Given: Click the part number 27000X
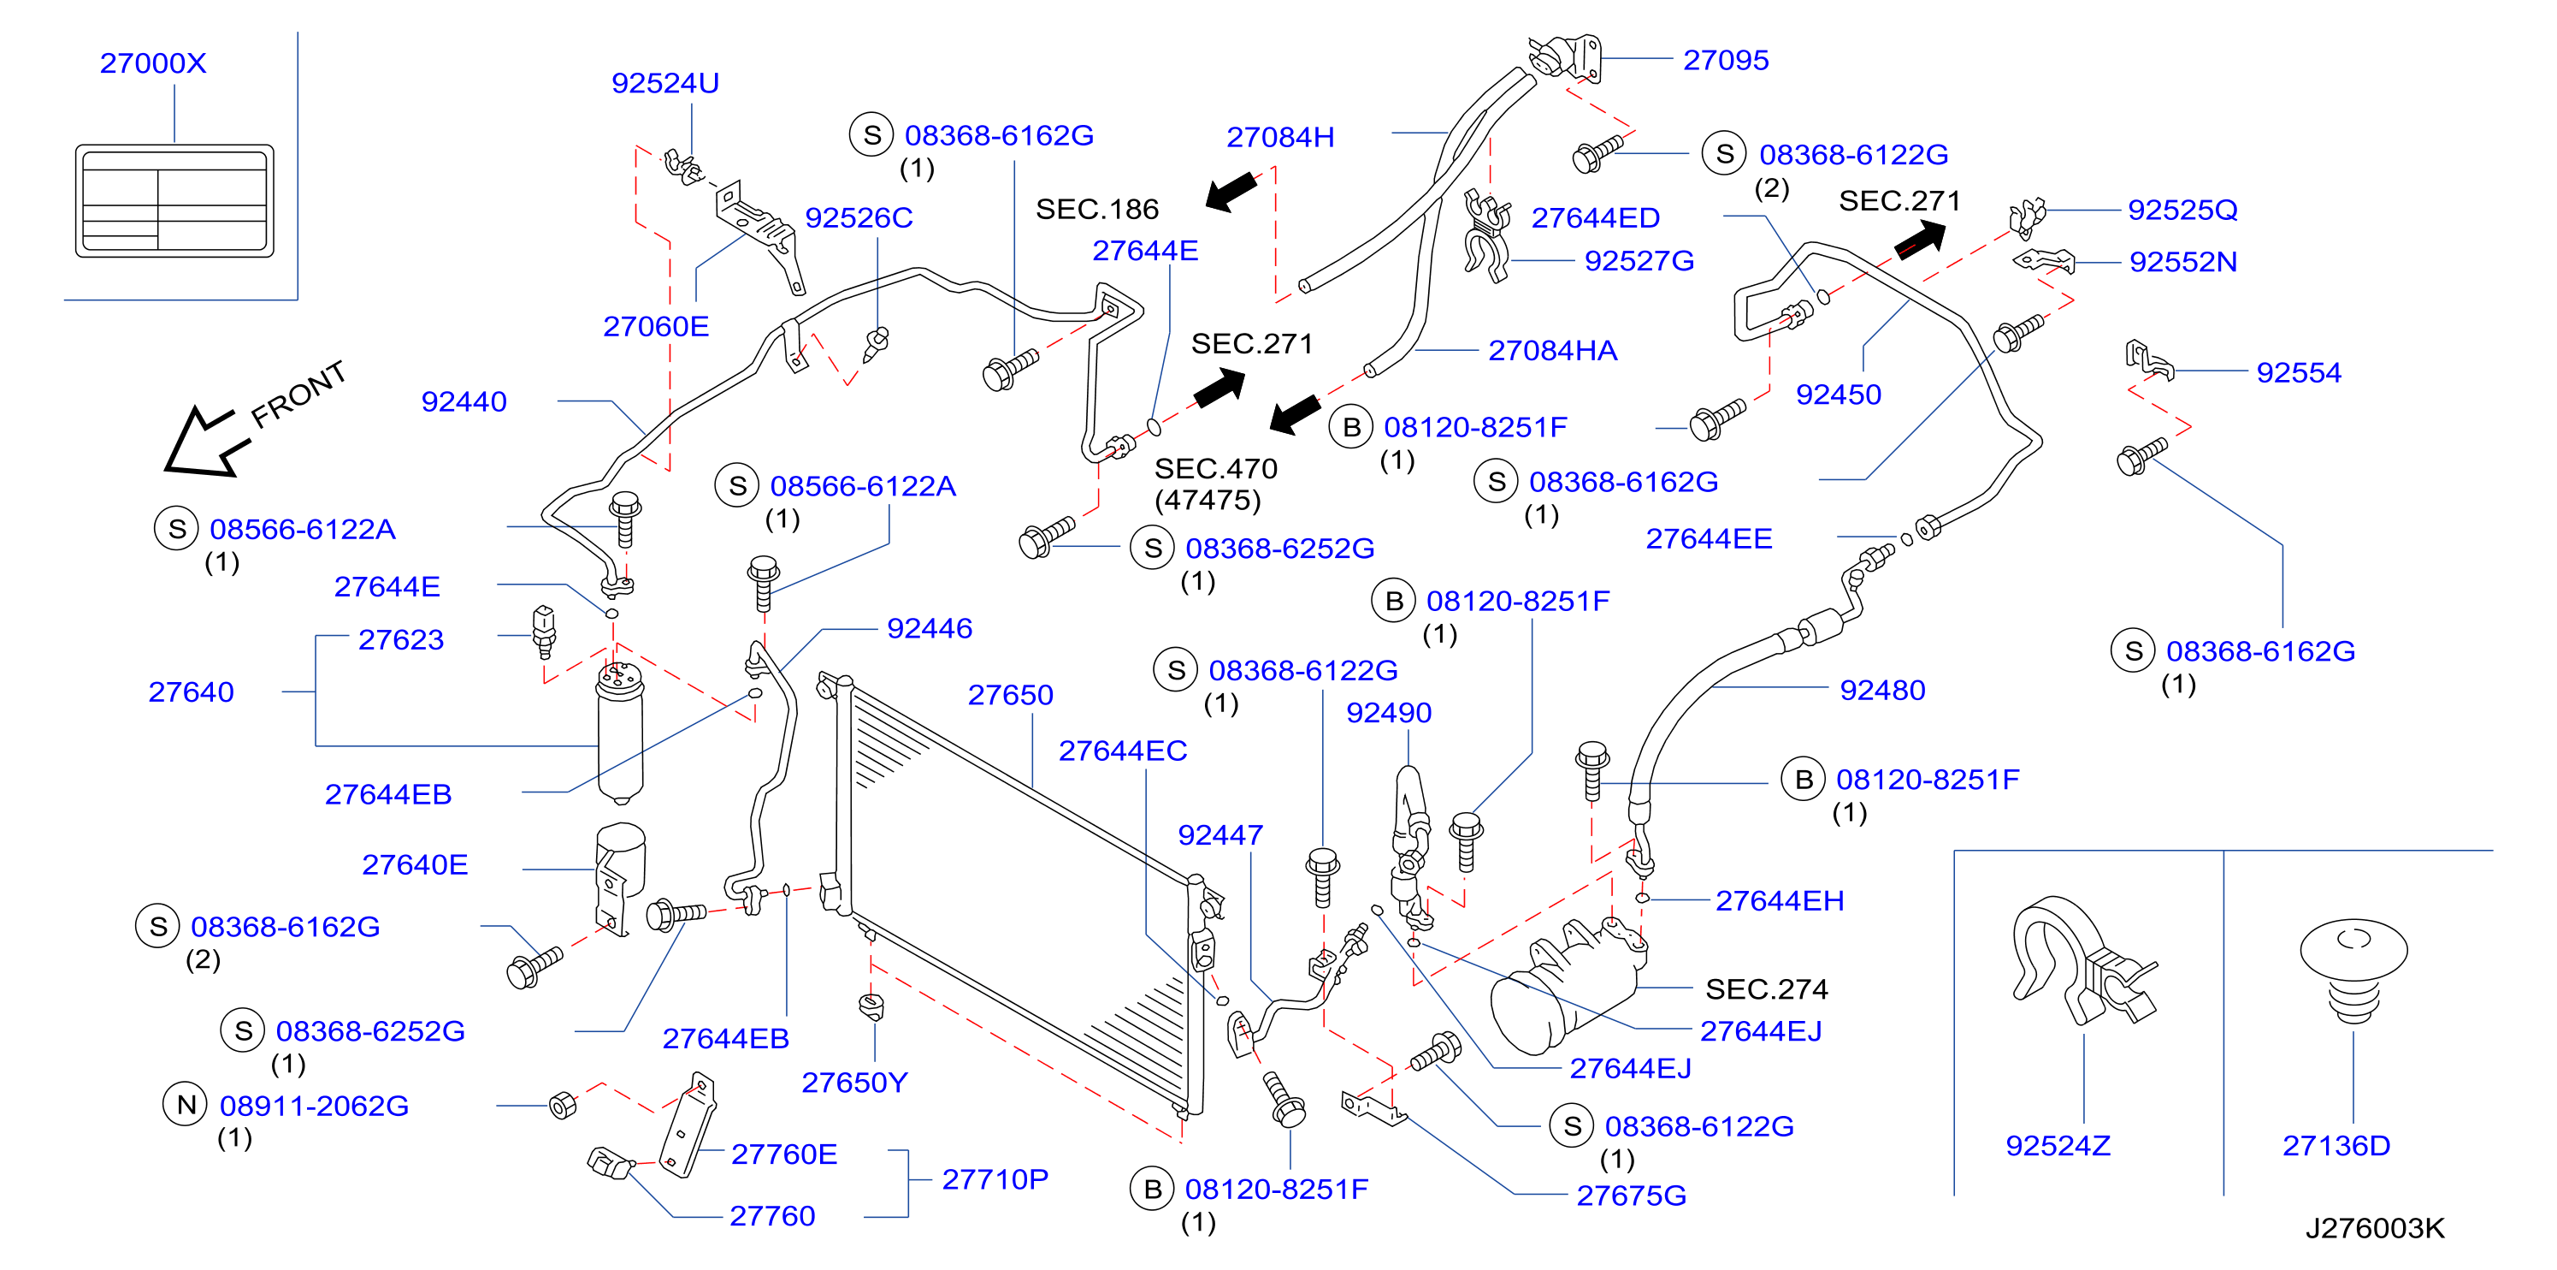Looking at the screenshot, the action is [x=153, y=62].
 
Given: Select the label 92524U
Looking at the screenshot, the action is [x=665, y=82].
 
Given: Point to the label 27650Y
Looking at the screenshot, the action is [x=853, y=1083].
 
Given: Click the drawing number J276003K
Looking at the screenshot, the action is [x=2374, y=1228].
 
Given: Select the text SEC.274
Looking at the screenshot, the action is [x=1766, y=989].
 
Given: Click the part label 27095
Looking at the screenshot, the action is [x=1725, y=60].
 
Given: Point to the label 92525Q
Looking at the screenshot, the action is [x=2182, y=210].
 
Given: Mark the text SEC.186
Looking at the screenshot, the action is [x=1097, y=209].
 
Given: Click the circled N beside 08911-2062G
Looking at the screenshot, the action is [x=186, y=1104].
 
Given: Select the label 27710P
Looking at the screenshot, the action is [x=995, y=1178].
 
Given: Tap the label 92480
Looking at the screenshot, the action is [x=1882, y=690].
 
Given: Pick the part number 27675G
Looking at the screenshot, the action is [x=1631, y=1196].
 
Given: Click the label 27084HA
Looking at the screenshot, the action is [x=1552, y=351].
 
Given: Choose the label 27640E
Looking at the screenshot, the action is [x=415, y=865].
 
